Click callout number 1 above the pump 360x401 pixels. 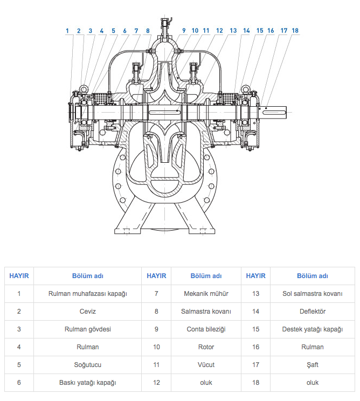pyautogui.click(x=67, y=31)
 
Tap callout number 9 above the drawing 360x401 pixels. pyautogui.click(x=184, y=31)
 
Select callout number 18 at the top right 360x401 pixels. pyautogui.click(x=295, y=31)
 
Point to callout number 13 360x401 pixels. pyautogui.click(x=233, y=31)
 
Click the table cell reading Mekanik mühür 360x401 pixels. pyautogui.click(x=206, y=294)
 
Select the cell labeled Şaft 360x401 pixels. pyautogui.click(x=313, y=365)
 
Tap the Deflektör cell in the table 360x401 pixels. pyautogui.click(x=313, y=312)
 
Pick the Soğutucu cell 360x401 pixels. pyautogui.click(x=88, y=365)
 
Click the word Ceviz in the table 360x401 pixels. pyautogui.click(x=88, y=312)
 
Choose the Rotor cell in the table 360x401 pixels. pyautogui.click(x=206, y=347)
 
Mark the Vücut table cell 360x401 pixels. pyautogui.click(x=206, y=365)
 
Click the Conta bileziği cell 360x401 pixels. pyautogui.click(x=206, y=329)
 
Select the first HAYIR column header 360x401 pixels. pyautogui.click(x=19, y=276)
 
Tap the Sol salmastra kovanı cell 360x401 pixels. pyautogui.click(x=313, y=294)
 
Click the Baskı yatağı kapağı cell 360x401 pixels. pyautogui.click(x=88, y=383)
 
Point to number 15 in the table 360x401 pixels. pyautogui.click(x=255, y=329)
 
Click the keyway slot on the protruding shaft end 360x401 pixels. pyautogui.click(x=274, y=112)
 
